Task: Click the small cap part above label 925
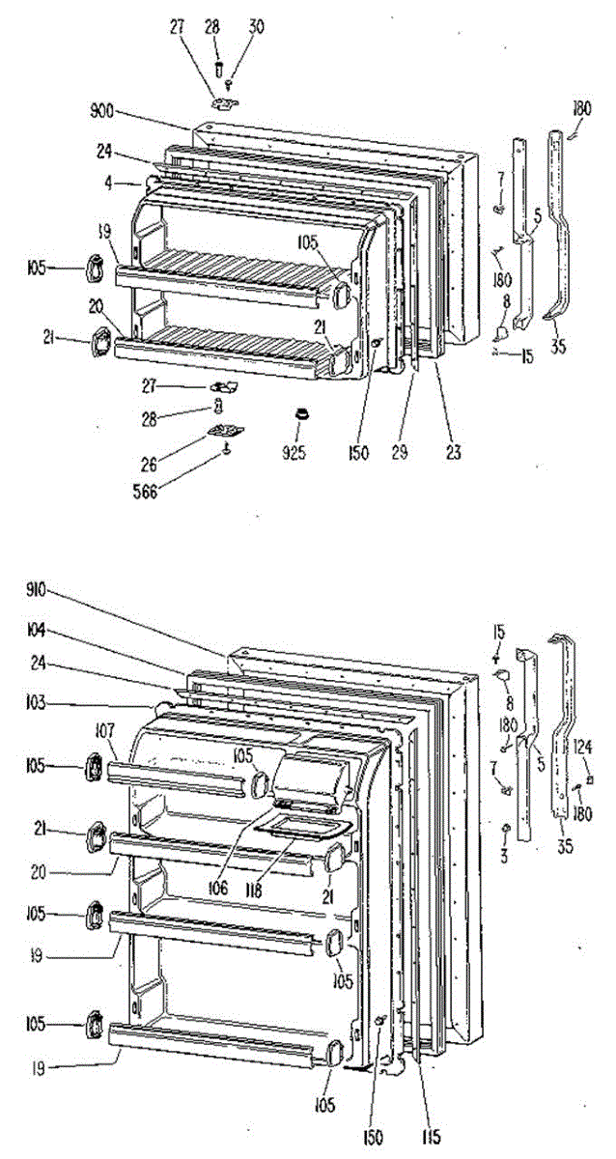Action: coord(301,413)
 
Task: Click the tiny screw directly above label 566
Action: coord(226,446)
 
